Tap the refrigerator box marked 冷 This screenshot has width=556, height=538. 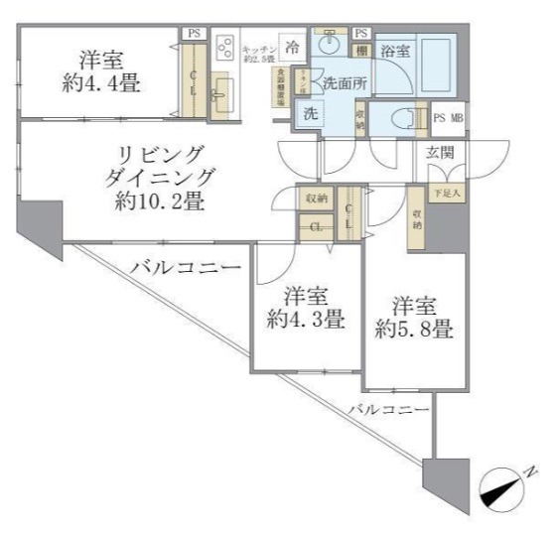pyautogui.click(x=293, y=47)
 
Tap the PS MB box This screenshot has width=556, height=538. pyautogui.click(x=450, y=117)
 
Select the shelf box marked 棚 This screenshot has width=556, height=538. pyautogui.click(x=361, y=50)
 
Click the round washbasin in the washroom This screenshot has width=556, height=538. pyautogui.click(x=330, y=48)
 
